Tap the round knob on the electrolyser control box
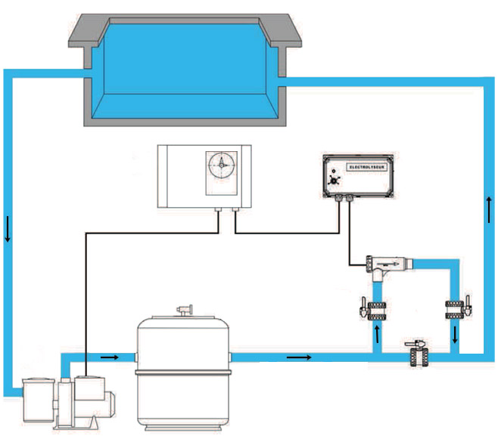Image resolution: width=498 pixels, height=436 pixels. pos(333,181)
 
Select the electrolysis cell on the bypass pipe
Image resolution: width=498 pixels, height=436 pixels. pos(390,264)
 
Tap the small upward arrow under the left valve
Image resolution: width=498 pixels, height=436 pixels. pos(376,333)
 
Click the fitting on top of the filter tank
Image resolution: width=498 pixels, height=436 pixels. pos(182,310)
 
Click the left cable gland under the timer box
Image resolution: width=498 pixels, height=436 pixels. pos(218,211)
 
